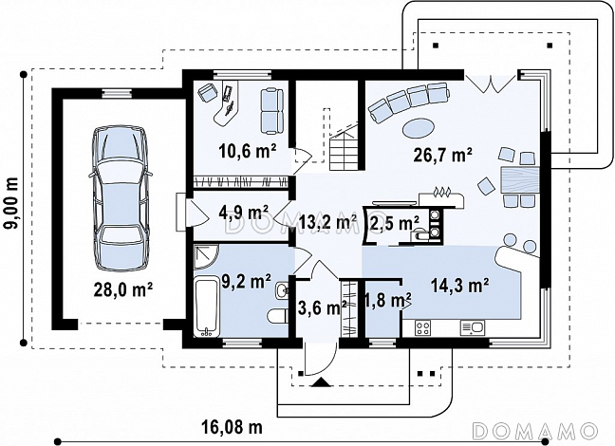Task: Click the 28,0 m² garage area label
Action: [122, 289]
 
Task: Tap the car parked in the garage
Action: [120, 198]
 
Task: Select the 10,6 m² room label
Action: [248, 152]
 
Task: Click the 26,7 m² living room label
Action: [442, 155]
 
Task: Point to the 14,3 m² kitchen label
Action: [459, 286]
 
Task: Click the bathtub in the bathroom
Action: [207, 307]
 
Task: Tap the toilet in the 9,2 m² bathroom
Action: [278, 316]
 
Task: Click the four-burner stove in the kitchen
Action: [423, 328]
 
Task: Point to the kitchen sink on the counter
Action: [473, 327]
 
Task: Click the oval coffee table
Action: [419, 128]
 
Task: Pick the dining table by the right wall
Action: [520, 179]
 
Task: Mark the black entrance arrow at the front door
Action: [322, 382]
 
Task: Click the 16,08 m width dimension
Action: [232, 427]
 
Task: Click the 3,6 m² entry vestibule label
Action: [322, 307]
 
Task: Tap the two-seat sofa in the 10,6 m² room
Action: [271, 111]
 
